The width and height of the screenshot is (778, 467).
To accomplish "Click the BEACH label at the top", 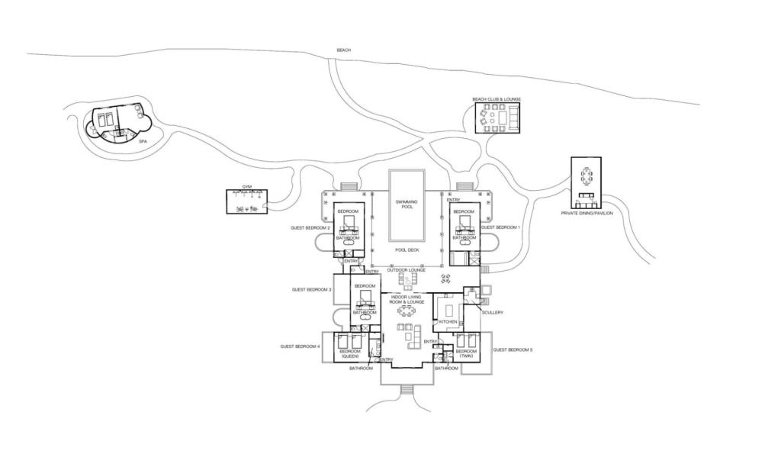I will coord(344,50).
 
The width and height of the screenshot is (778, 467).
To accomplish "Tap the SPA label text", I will coord(142,141).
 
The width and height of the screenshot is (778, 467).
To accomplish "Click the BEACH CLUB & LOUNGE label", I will coord(497,99).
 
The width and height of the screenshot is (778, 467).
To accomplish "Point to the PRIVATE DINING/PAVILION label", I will coord(587,213).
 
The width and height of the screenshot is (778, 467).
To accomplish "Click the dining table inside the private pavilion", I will coord(586,176).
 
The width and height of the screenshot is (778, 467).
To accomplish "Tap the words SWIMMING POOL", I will coord(407,204).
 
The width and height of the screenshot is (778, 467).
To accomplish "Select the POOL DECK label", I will coord(407,250).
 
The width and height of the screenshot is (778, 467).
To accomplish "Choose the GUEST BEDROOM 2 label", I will coord(310,227).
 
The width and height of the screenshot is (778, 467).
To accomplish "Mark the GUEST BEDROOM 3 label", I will coord(311,290).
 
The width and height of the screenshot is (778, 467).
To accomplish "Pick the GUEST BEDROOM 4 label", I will coord(300,346).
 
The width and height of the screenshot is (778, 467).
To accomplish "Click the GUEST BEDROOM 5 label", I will coord(513,349).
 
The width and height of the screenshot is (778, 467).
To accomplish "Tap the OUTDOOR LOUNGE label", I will coord(406,269).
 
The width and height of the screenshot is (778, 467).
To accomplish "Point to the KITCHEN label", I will coord(448,322).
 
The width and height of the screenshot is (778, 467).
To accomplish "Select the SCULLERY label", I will coord(493,312).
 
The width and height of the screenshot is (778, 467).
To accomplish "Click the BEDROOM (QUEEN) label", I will coord(349,353).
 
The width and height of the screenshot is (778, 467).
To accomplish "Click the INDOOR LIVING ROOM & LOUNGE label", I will coord(407,299).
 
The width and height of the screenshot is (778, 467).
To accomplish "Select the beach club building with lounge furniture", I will coord(497,118).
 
